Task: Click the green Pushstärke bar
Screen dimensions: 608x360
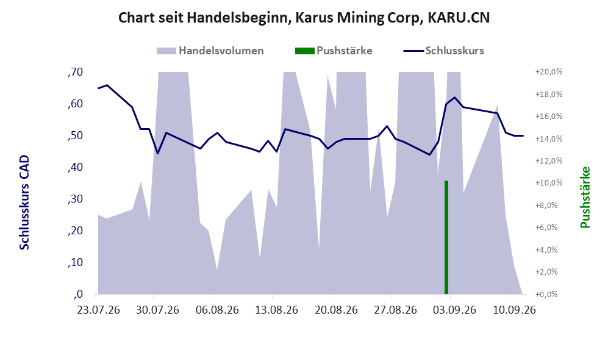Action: click(x=446, y=237)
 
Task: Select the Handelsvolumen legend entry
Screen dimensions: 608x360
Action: click(x=210, y=51)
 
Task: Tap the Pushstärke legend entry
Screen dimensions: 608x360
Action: click(x=334, y=51)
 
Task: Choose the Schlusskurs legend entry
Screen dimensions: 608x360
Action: click(x=443, y=51)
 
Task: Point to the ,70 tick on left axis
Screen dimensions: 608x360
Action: click(x=75, y=72)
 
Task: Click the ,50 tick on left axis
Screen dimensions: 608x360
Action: click(x=75, y=136)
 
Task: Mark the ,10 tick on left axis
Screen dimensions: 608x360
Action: click(x=75, y=262)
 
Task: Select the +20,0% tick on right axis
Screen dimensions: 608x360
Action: click(x=549, y=72)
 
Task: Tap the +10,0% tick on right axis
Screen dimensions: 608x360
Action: click(x=549, y=183)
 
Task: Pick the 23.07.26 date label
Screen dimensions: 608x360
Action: click(x=99, y=311)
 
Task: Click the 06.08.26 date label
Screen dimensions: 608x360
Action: click(x=217, y=311)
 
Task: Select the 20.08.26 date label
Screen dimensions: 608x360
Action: click(x=336, y=311)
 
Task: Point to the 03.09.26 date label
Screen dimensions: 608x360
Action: click(x=454, y=311)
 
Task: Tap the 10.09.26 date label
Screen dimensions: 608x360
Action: click(x=513, y=311)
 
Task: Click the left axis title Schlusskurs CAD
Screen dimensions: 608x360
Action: click(x=24, y=203)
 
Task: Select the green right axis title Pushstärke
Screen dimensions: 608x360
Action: click(x=585, y=198)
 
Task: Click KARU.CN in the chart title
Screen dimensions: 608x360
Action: click(x=459, y=18)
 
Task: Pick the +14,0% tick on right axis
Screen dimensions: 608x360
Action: click(x=549, y=139)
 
